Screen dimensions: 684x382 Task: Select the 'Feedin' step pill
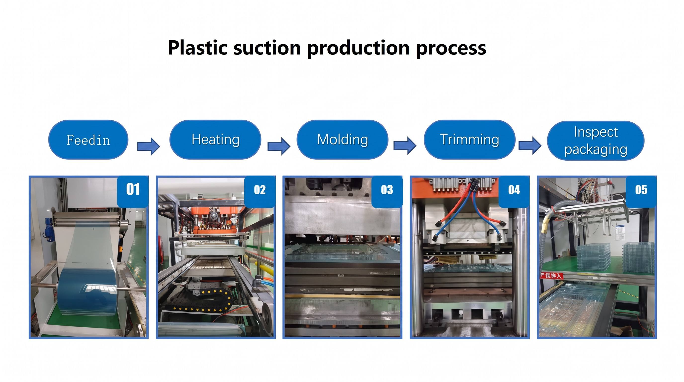pyautogui.click(x=88, y=140)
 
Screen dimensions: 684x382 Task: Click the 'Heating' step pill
pyautogui.click(x=215, y=140)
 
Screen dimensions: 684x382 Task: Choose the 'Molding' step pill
pyautogui.click(x=342, y=140)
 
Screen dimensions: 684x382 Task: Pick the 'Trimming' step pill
pyautogui.click(x=470, y=140)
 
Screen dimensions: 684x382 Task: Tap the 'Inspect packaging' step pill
pyautogui.click(x=596, y=141)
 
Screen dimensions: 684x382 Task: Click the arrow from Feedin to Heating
pyautogui.click(x=148, y=146)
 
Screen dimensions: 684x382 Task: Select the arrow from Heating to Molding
pyautogui.click(x=279, y=146)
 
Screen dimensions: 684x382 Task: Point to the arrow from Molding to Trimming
pyautogui.click(x=405, y=145)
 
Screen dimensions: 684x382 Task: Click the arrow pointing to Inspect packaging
pyautogui.click(x=530, y=145)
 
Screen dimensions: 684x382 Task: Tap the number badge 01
pyautogui.click(x=133, y=191)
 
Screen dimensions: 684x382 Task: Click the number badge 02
pyautogui.click(x=260, y=191)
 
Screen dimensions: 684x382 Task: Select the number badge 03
pyautogui.click(x=387, y=191)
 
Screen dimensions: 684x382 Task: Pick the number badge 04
pyautogui.click(x=514, y=191)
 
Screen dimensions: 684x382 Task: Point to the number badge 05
pyautogui.click(x=641, y=191)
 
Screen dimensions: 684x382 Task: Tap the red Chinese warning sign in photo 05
pyautogui.click(x=551, y=276)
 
